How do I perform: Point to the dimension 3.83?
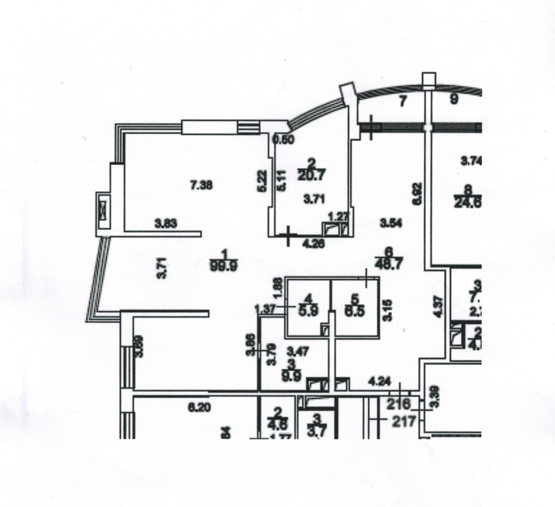pyautogui.click(x=166, y=225)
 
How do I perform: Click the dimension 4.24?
pyautogui.click(x=379, y=383)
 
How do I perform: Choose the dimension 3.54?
pyautogui.click(x=390, y=223)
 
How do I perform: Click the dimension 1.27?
pyautogui.click(x=337, y=215)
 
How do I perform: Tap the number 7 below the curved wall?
pyautogui.click(x=402, y=102)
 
